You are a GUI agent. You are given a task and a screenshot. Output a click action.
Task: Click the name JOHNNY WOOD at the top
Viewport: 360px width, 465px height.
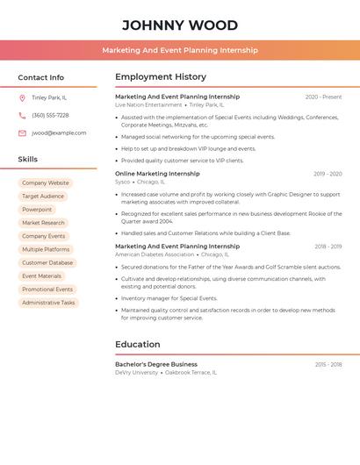[x=180, y=25]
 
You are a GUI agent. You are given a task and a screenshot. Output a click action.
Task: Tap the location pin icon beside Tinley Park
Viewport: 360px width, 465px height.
[x=22, y=97]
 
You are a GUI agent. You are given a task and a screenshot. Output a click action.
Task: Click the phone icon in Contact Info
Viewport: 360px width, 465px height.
[x=22, y=115]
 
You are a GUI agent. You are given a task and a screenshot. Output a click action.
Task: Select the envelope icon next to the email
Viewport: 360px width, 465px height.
[x=22, y=132]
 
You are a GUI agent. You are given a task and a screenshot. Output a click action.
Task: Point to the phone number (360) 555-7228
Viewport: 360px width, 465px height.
[x=50, y=115]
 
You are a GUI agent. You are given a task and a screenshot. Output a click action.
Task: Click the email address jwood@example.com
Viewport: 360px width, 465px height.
[x=59, y=132]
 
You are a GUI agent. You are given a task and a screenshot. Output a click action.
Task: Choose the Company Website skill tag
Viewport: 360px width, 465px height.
[x=45, y=182]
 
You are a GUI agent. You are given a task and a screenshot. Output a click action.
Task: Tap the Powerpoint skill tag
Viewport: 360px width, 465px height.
[x=37, y=210]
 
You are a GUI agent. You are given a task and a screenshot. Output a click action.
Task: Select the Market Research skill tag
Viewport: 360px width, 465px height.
[x=43, y=223]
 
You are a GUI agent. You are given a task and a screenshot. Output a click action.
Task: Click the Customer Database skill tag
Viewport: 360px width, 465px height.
[x=47, y=262]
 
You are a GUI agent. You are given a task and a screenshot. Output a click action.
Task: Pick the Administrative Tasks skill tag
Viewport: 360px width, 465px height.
[x=48, y=303]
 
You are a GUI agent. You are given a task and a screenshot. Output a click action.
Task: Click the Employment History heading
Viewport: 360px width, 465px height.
[x=161, y=77]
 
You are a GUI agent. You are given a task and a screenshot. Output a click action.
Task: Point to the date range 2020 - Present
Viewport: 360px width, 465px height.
[x=323, y=97]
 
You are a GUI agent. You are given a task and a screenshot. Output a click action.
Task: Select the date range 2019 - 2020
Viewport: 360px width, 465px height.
[x=328, y=174]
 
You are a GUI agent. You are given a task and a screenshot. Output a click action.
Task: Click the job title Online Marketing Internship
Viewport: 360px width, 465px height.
[x=157, y=174]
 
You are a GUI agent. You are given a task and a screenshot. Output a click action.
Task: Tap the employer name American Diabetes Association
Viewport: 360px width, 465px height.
[x=155, y=254]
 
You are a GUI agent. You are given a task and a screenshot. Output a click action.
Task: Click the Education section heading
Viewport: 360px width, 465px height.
[x=138, y=345]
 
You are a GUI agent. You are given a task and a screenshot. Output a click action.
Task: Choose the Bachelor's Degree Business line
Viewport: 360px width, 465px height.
[x=156, y=364]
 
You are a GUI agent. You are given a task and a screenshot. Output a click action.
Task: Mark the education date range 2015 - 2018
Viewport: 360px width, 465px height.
[x=328, y=364]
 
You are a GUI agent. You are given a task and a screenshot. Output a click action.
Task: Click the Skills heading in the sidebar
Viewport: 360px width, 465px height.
[x=28, y=160]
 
